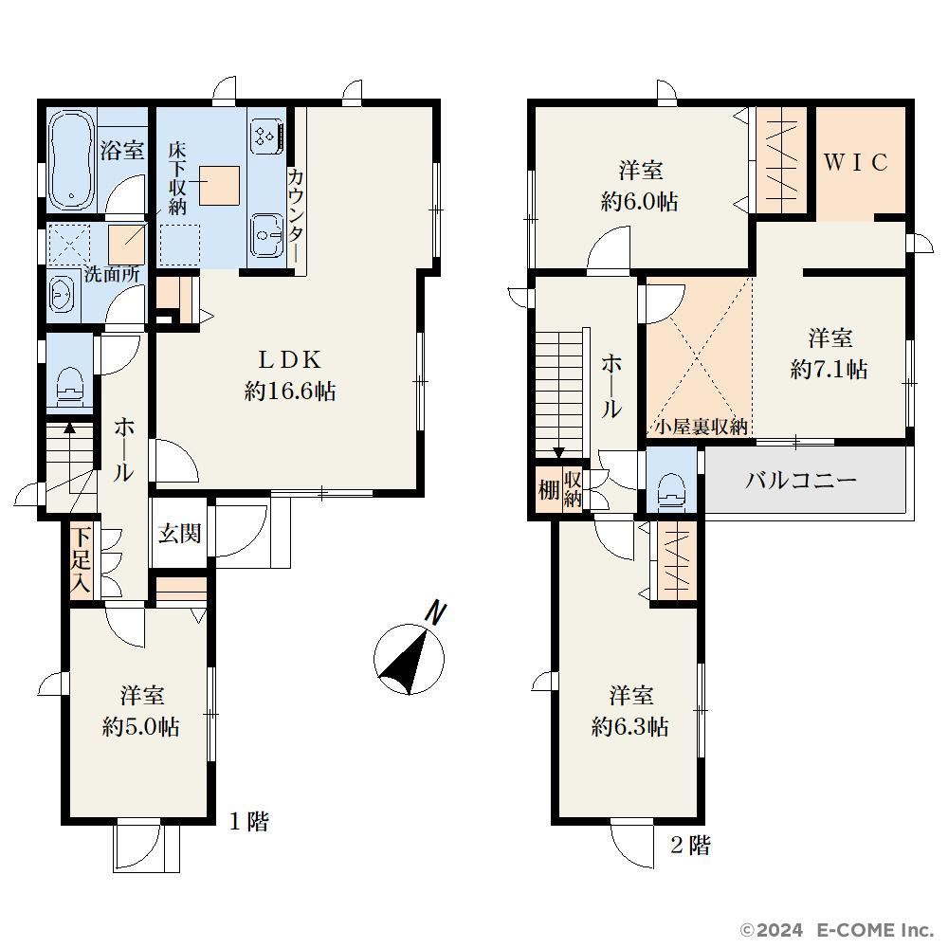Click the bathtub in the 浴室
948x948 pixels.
pyautogui.click(x=71, y=160)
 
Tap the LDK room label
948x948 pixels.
pyautogui.click(x=290, y=359)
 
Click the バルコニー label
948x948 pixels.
pyautogui.click(x=800, y=481)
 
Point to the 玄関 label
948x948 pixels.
pyautogui.click(x=179, y=533)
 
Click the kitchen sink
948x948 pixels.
pyautogui.click(x=266, y=234)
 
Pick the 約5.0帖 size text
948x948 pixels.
pyautogui.click(x=141, y=726)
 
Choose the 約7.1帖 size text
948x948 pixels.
pyautogui.click(x=829, y=369)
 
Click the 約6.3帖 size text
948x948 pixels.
pyautogui.click(x=630, y=726)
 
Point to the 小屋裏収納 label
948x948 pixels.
pyautogui.click(x=702, y=427)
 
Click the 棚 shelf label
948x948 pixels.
pyautogui.click(x=548, y=489)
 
